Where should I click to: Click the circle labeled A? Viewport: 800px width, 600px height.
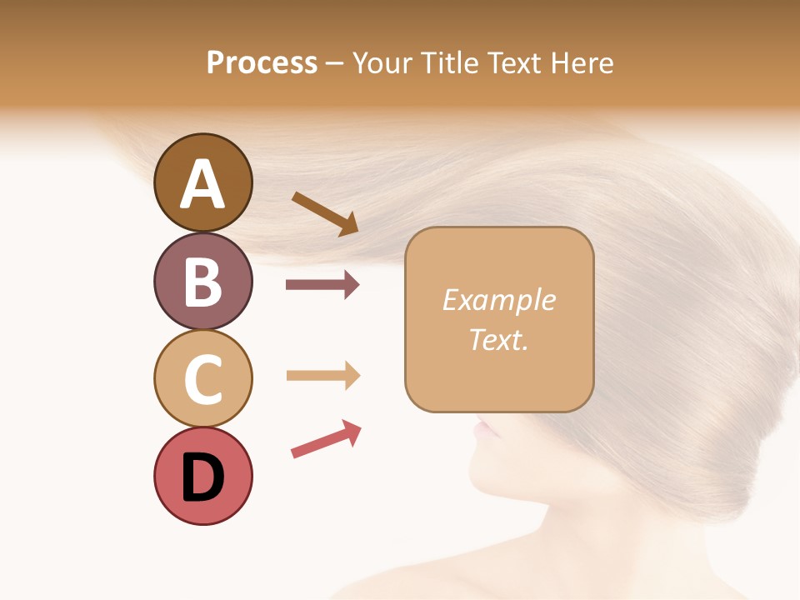click(202, 182)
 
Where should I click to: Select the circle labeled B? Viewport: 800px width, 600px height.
click(202, 281)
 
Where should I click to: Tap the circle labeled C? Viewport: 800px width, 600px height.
click(202, 378)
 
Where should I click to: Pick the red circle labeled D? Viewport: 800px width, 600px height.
click(202, 476)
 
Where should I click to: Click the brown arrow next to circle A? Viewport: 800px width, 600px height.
click(325, 213)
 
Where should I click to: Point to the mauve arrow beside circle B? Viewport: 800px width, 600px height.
click(322, 285)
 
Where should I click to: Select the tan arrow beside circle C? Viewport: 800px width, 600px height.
click(322, 375)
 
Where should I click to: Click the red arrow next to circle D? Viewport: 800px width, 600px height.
click(326, 439)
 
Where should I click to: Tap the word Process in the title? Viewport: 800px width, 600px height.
click(262, 63)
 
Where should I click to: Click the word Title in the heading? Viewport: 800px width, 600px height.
click(450, 63)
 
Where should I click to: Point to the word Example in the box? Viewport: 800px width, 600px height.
click(498, 300)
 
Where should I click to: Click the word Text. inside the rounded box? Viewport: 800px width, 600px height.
click(498, 339)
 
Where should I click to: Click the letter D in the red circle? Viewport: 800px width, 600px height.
click(202, 477)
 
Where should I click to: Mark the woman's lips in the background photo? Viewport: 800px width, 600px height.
click(482, 432)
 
